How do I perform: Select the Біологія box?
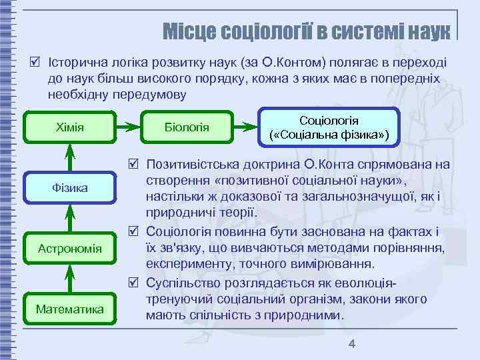187,126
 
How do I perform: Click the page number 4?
353,344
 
